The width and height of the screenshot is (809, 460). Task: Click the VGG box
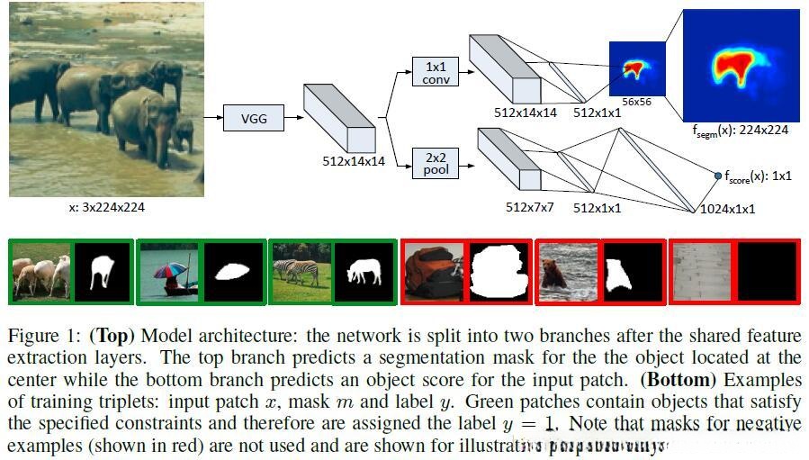point(255,117)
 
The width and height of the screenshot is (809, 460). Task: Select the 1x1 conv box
point(435,72)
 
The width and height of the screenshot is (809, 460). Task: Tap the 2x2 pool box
point(435,163)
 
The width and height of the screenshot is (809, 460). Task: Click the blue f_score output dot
point(718,176)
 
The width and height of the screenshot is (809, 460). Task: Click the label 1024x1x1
point(727,209)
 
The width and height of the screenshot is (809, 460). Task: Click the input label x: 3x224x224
point(106,208)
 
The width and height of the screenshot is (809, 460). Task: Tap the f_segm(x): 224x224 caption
point(741,130)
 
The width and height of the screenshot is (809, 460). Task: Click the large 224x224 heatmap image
point(741,65)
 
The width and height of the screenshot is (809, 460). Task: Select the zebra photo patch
point(301,271)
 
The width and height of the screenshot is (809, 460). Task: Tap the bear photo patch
point(567,271)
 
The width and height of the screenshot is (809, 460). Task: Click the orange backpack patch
point(433,271)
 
